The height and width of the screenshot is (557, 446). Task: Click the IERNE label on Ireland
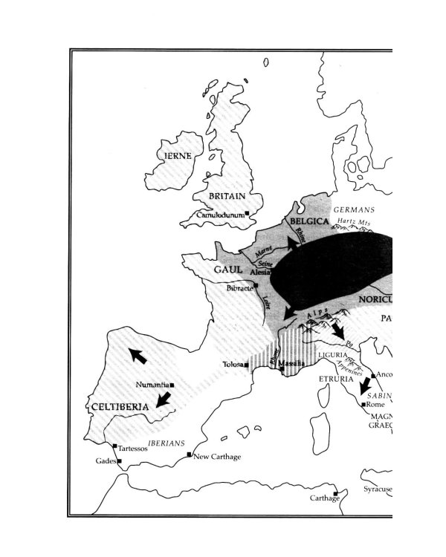178,156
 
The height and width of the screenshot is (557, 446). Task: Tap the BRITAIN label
227,196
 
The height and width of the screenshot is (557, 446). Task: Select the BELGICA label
309,221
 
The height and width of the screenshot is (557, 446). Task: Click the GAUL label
229,269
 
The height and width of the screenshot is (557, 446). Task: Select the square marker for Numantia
172,385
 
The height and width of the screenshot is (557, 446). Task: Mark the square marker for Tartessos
114,446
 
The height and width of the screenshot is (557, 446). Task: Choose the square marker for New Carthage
190,455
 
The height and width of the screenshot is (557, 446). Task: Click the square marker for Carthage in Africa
336,492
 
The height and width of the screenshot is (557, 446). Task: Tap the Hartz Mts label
354,221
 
